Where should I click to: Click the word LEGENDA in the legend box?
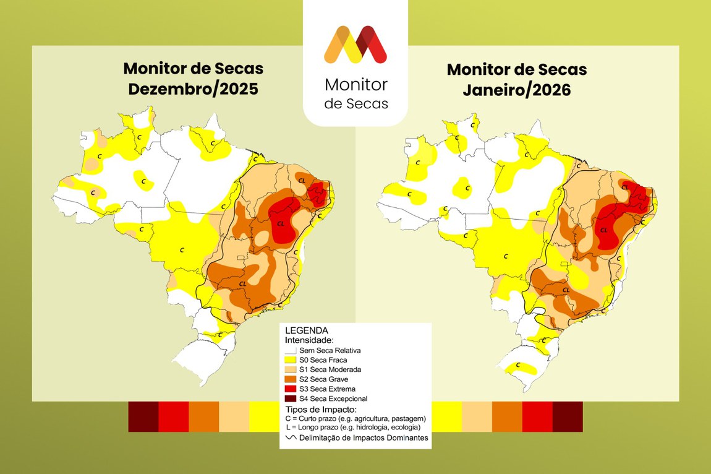306,330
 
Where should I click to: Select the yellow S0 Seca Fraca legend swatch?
290,360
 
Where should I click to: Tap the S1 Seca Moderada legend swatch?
290,369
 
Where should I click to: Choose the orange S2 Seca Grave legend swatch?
290,379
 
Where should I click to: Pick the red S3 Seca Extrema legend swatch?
290,389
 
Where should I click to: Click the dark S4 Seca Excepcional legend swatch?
290,399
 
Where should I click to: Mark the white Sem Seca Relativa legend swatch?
290,350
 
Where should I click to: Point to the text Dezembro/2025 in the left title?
193,89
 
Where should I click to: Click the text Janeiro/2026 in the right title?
516,89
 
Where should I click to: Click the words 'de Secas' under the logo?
356,103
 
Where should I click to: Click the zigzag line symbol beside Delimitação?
290,437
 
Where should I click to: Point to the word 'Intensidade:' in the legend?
309,340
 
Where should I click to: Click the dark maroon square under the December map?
143,416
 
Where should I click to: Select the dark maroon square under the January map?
568,416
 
